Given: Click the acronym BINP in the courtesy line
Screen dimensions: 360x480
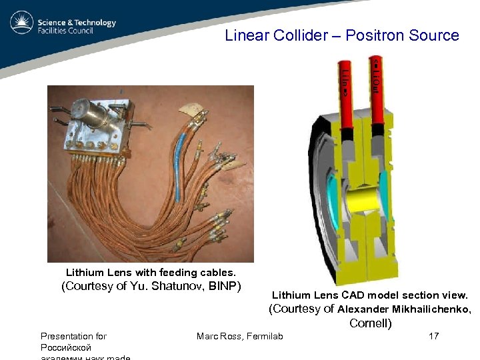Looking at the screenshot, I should (225, 287).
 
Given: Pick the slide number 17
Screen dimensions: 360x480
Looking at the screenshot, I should (433, 336).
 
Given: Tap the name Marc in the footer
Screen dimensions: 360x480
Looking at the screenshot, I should (207, 336).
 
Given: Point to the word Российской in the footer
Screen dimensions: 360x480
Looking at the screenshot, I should (65, 348).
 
